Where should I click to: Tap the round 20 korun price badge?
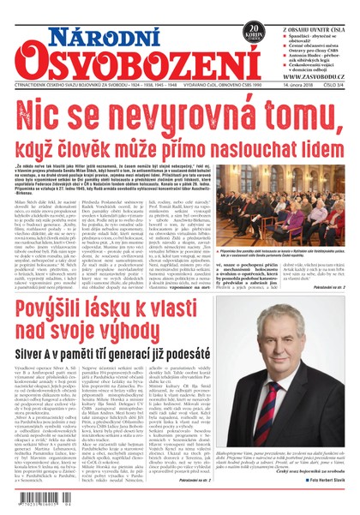252,33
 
